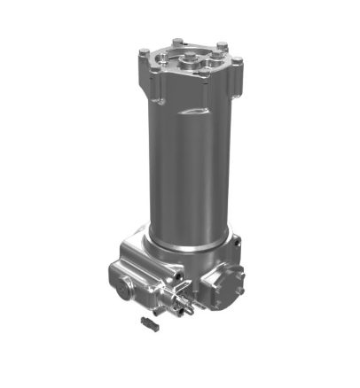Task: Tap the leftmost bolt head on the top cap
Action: (143, 55)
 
